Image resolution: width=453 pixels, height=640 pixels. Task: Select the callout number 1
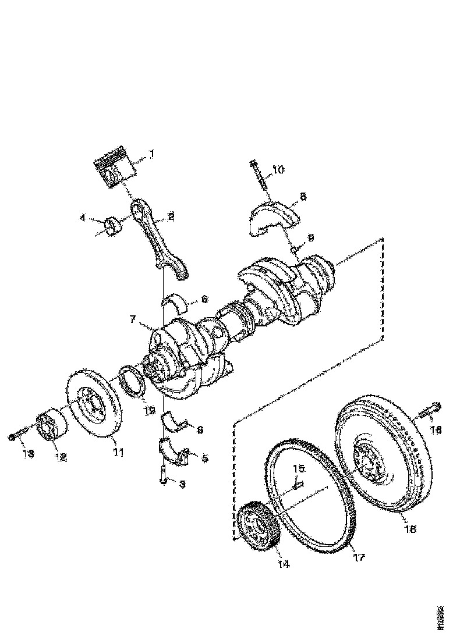click(151, 154)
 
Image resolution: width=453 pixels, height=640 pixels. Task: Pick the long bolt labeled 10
click(260, 177)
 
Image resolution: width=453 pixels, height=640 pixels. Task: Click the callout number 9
click(310, 237)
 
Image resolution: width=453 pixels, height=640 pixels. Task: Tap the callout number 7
click(133, 319)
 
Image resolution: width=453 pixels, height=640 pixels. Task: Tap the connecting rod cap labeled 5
click(176, 456)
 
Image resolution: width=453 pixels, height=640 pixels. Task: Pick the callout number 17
click(359, 557)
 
